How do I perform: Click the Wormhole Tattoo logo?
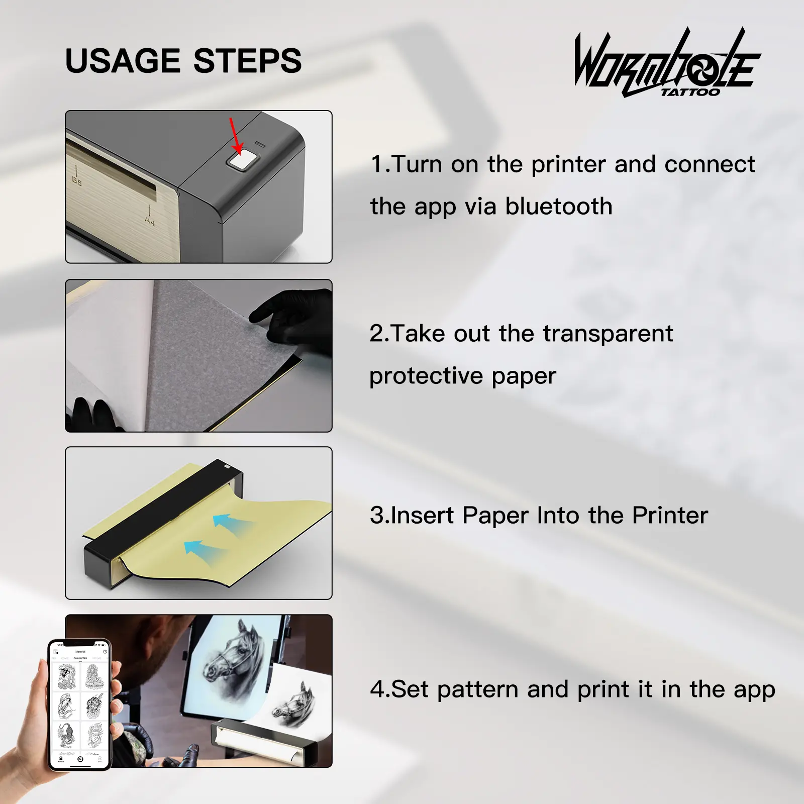pos(667,63)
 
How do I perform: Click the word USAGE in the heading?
pos(123,61)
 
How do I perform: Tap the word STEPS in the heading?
pos(247,61)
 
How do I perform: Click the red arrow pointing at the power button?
pos(236,136)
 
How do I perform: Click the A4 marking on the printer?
pos(149,220)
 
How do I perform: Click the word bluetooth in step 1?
pos(559,207)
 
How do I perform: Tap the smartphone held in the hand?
pos(79,705)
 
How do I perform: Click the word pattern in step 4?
pos(477,690)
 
